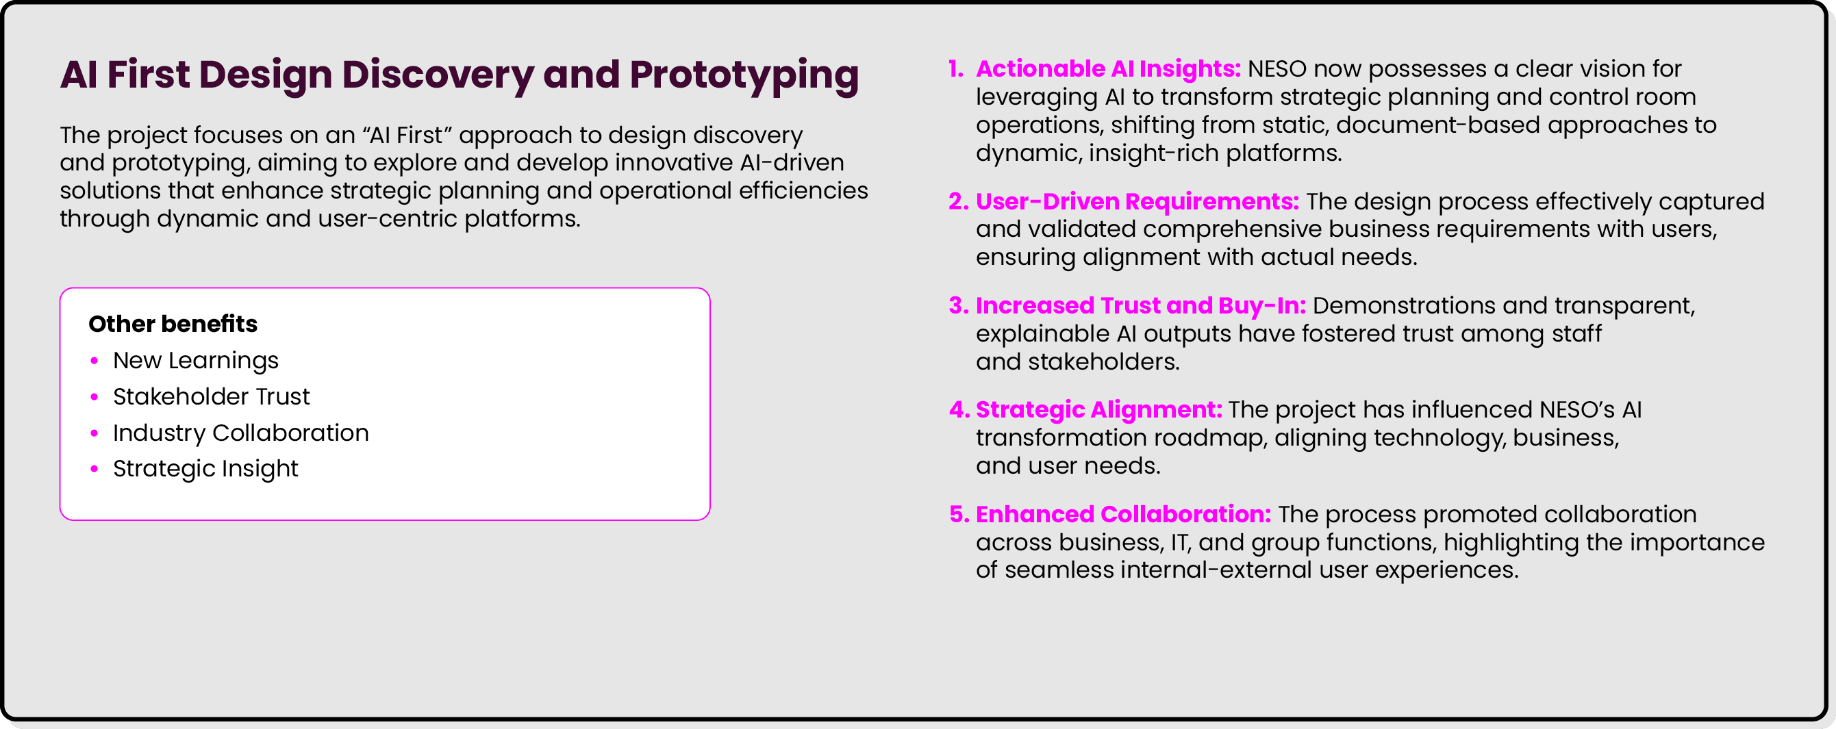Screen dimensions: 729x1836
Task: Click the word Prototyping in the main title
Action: tap(744, 75)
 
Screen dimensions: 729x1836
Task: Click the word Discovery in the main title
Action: tap(438, 75)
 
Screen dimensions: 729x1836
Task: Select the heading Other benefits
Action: tap(173, 324)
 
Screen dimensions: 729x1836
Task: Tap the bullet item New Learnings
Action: tap(195, 361)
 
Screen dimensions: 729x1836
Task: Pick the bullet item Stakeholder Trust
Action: tap(211, 396)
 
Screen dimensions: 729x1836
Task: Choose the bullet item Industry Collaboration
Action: tap(240, 433)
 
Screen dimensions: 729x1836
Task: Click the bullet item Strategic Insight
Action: tap(205, 468)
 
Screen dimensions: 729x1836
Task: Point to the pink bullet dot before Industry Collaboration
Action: tap(94, 433)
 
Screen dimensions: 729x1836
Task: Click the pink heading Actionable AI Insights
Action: tap(1107, 68)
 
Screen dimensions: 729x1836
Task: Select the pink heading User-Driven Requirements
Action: tap(1137, 201)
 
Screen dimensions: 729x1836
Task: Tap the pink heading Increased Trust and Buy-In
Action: tap(1140, 305)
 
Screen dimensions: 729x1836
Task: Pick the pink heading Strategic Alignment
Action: tap(1098, 409)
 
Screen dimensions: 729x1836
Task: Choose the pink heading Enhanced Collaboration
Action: tap(1122, 514)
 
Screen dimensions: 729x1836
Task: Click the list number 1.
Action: tap(955, 69)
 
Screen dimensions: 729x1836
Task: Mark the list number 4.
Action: tap(959, 410)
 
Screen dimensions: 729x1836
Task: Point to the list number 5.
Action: tap(959, 515)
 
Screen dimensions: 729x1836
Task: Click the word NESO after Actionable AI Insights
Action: tap(1277, 69)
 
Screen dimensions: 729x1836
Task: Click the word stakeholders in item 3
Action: tap(1103, 362)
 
